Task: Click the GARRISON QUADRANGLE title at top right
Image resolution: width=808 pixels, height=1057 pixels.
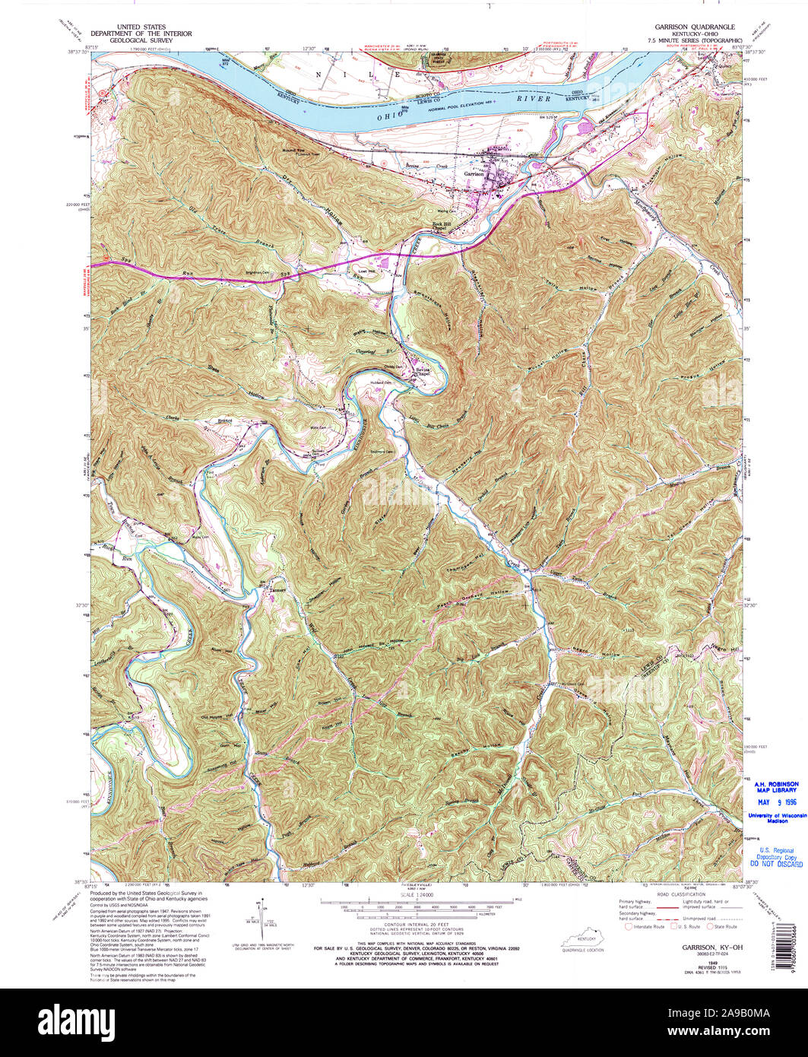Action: (x=691, y=27)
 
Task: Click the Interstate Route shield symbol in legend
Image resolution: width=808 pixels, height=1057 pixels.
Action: (x=628, y=926)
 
